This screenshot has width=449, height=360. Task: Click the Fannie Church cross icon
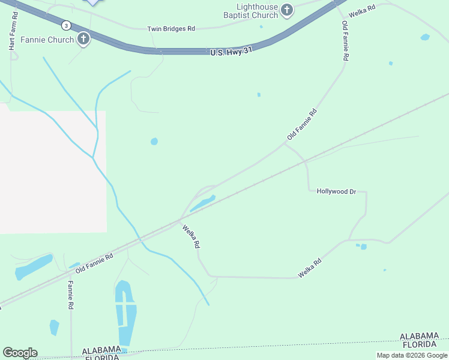coord(83,40)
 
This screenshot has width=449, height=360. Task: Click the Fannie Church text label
coord(47,40)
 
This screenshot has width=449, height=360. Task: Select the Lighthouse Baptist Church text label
coord(251,11)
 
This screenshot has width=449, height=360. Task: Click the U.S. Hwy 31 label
coord(230,52)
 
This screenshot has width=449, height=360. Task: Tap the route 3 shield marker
coord(66,25)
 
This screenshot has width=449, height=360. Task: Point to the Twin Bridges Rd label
coord(172,28)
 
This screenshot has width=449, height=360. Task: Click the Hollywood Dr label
coord(337,191)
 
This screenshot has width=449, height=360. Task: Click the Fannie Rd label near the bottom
coord(71,295)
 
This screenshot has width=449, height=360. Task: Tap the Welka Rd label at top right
coord(362,10)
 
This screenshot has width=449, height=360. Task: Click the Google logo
coord(20,353)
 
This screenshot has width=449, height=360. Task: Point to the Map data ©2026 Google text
coord(412,355)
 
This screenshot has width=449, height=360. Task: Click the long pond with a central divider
coord(125,312)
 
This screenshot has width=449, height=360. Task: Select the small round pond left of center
coord(154,142)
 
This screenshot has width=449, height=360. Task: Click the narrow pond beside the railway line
coord(203,203)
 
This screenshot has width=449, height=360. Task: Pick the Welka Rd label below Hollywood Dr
coord(310,268)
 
